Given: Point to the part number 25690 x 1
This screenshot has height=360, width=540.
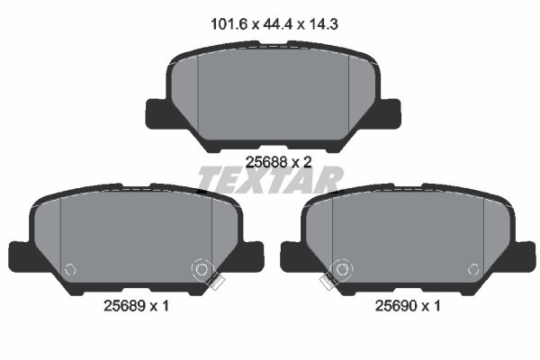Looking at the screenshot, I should click(x=408, y=306).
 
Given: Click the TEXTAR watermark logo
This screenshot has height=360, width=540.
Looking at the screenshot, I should click(x=270, y=180).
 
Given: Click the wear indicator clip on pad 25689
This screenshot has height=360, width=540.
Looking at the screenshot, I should click(x=213, y=283).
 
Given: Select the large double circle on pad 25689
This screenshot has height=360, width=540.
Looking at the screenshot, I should click(x=202, y=268).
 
